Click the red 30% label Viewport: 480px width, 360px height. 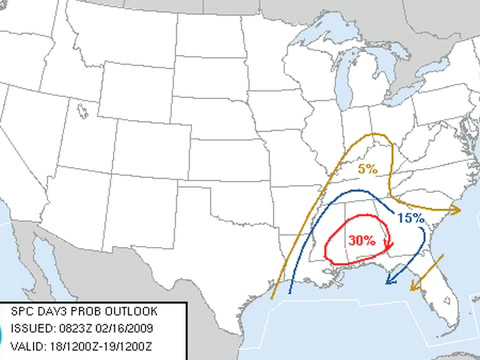pos(362,241)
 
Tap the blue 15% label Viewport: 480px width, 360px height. pos(410,218)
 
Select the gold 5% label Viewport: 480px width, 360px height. pos(368,169)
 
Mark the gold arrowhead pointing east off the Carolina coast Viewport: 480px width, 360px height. pos(455,210)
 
